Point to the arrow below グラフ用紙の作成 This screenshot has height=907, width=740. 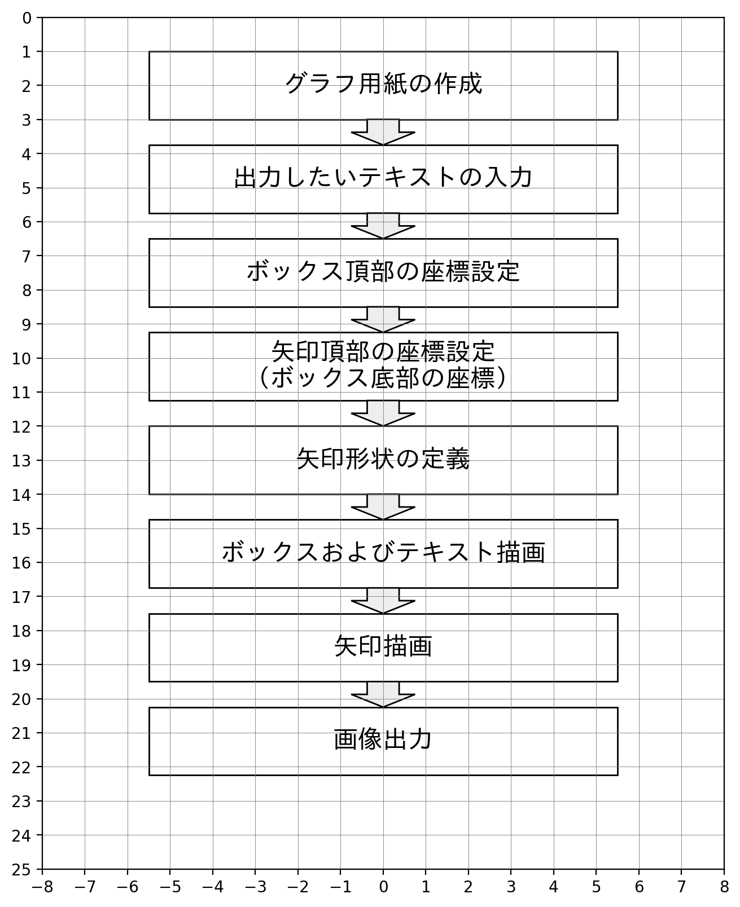click(x=383, y=133)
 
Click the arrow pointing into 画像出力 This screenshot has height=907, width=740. click(x=383, y=694)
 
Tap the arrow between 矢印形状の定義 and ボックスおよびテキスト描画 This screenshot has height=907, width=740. click(x=383, y=507)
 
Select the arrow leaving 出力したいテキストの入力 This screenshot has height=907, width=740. click(x=383, y=226)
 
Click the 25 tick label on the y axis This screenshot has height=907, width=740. click(x=22, y=870)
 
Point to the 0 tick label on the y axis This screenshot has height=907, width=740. click(x=27, y=19)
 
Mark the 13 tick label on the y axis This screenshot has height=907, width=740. click(x=22, y=461)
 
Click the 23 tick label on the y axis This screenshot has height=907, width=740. click(x=22, y=802)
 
